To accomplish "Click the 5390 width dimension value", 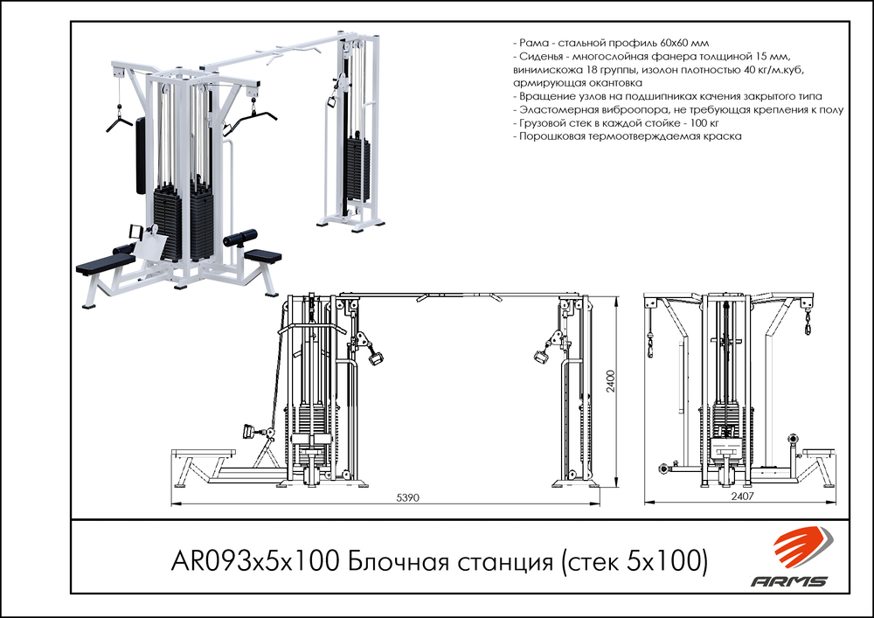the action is coord(409,497).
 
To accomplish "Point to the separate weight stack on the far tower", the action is coord(357,166).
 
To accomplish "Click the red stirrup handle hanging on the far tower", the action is coord(332,101).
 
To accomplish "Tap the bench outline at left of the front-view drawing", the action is coord(205,452).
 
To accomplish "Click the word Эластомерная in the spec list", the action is coord(560,111).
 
